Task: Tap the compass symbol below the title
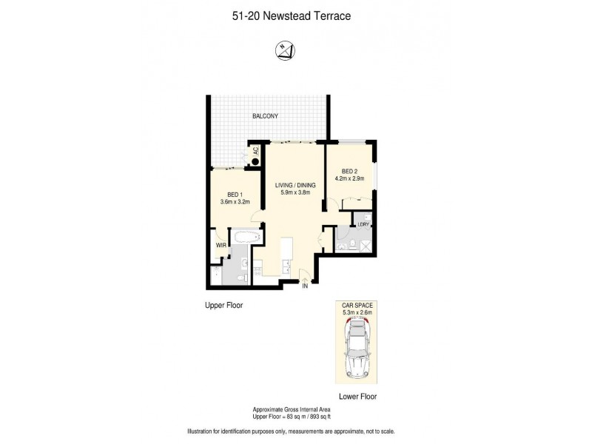pyautogui.click(x=285, y=50)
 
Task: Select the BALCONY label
pyautogui.click(x=264, y=117)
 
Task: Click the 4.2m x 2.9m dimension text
pyautogui.click(x=350, y=179)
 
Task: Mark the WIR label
pyautogui.click(x=220, y=243)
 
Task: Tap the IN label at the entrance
pyautogui.click(x=304, y=286)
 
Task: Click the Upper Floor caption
pyautogui.click(x=224, y=305)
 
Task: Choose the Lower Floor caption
pyautogui.click(x=358, y=397)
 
